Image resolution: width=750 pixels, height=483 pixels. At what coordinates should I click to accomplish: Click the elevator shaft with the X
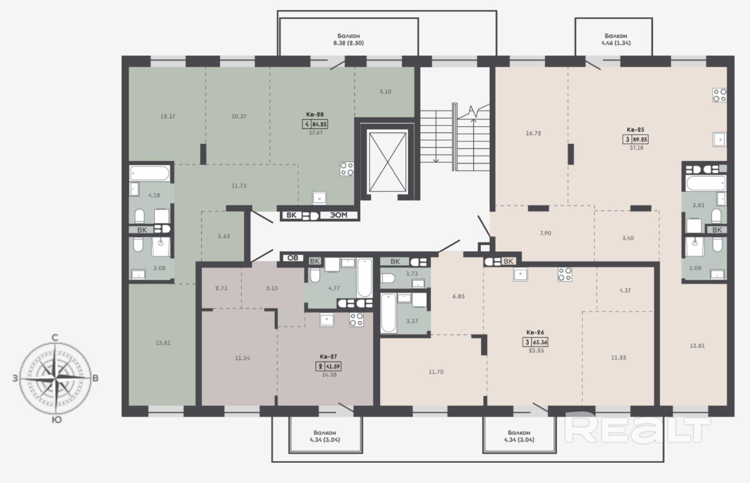tap(387, 162)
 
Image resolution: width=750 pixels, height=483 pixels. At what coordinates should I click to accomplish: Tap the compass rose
tap(55, 378)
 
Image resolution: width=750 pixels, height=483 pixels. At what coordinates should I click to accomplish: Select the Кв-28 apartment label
tap(315, 115)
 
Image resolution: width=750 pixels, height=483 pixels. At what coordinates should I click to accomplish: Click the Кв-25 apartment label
tap(635, 130)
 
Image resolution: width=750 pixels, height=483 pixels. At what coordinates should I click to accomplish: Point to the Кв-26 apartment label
tap(535, 332)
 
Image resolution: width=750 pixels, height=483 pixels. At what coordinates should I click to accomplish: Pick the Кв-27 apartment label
tap(328, 356)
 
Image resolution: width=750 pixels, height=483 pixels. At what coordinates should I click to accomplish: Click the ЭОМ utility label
tap(339, 215)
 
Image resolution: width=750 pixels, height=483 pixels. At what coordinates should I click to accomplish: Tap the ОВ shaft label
tap(293, 258)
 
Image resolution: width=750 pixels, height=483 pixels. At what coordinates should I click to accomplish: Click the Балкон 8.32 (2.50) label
tap(349, 39)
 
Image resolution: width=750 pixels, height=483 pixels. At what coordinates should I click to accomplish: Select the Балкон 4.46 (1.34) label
tap(616, 39)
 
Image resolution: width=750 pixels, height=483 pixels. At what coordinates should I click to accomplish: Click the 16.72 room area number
tap(533, 133)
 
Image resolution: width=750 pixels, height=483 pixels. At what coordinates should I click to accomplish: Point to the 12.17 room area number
tap(168, 117)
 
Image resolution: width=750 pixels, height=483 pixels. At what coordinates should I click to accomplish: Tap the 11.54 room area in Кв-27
tap(242, 358)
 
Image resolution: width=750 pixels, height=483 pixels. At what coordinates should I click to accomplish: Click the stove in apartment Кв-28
tap(347, 169)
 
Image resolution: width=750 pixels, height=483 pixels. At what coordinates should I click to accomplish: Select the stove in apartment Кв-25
tap(720, 95)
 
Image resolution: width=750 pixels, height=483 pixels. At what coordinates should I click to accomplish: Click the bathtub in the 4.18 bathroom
tap(150, 173)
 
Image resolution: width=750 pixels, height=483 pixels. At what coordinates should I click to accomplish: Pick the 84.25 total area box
tap(315, 124)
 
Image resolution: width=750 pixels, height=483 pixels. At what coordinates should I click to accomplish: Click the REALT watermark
tap(637, 428)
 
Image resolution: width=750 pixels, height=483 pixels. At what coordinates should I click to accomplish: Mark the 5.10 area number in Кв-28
tap(385, 91)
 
